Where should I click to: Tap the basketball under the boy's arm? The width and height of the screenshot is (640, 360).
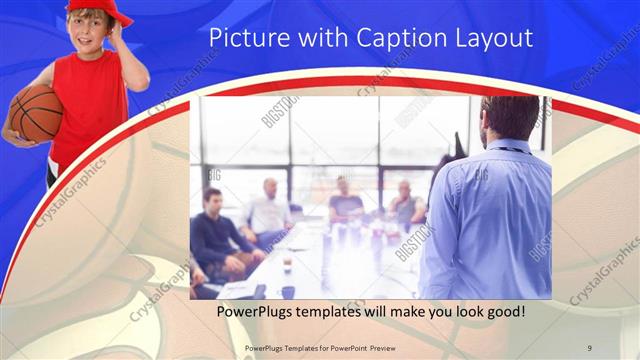click(x=34, y=112)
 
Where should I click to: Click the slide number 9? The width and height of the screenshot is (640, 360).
click(x=590, y=346)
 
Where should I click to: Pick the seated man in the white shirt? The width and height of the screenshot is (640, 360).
click(x=267, y=212)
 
